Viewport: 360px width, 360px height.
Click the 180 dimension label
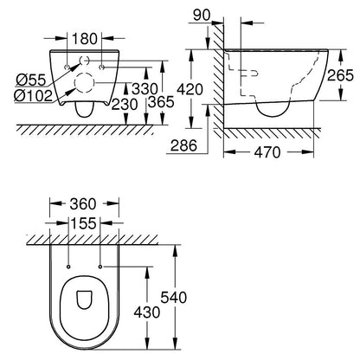coord(85,39)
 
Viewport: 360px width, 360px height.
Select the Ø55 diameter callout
coord(31,80)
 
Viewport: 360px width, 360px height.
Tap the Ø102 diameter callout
coord(33,95)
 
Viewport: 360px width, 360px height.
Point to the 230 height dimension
coord(125,104)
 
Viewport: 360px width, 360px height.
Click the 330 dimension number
coord(145,88)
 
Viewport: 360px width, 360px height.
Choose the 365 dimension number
coord(162,101)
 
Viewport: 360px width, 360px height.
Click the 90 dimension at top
coord(202,16)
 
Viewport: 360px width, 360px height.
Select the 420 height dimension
coord(190,89)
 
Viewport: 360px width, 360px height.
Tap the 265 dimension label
coord(340,75)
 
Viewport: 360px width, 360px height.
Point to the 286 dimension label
coord(183,145)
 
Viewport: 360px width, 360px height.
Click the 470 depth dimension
coord(267,152)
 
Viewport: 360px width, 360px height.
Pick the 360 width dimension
coord(83,204)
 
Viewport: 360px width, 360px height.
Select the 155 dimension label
coord(83,223)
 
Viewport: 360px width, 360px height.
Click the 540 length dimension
coord(174,298)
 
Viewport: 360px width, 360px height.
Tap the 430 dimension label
coord(147,312)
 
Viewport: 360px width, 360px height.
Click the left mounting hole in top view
coord(68,267)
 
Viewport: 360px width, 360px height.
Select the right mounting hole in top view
coord(100,267)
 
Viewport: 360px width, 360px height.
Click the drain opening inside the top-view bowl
coord(84,299)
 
